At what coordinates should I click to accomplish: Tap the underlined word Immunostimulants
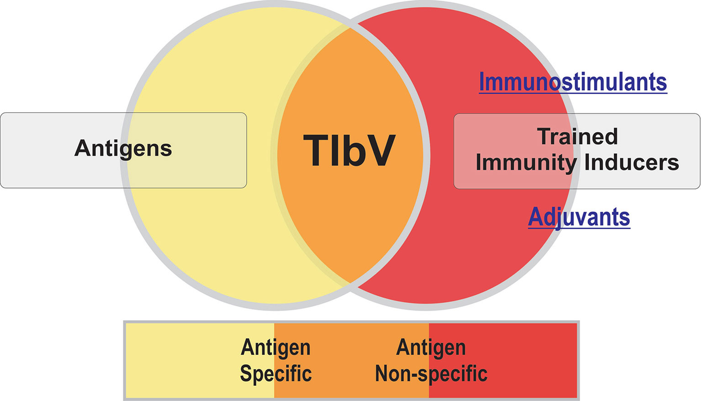pyautogui.click(x=572, y=82)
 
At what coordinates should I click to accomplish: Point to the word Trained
pyautogui.click(x=577, y=136)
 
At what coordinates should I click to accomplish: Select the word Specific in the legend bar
pyautogui.click(x=276, y=373)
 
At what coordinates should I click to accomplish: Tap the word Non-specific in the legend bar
pyautogui.click(x=431, y=373)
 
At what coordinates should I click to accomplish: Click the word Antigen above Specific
pyautogui.click(x=276, y=348)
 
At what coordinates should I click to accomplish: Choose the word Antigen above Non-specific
pyautogui.click(x=431, y=348)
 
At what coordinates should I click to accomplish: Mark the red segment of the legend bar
pyautogui.click(x=526, y=359)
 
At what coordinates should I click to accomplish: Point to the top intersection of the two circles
pyautogui.click(x=350, y=27)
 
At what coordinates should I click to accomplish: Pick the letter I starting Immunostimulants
pyautogui.click(x=482, y=82)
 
